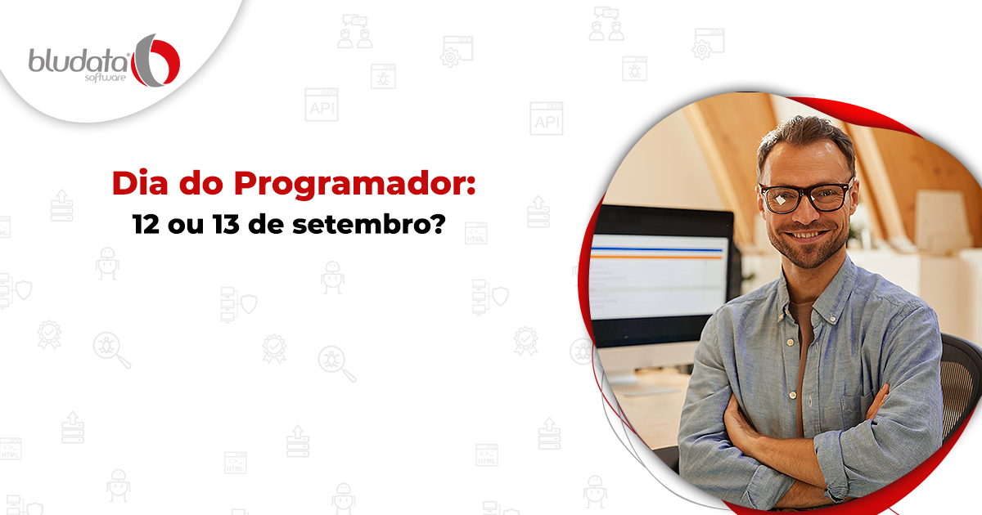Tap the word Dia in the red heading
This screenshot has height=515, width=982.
pos(140,183)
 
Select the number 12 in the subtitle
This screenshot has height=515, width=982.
pos(146,224)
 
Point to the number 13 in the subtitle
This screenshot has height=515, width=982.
pos(226,224)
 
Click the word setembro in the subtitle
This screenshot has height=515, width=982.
pos(358,224)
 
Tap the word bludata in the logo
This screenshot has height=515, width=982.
pos(79,60)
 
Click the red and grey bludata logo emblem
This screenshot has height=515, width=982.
pos(155,60)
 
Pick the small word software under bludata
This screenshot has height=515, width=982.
pos(106,78)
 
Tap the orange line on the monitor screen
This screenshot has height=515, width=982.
pos(656,257)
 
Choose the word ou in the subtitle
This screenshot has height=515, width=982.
pos(186,226)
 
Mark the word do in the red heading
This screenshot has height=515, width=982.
pos(201,183)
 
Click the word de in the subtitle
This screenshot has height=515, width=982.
pos(266,224)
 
